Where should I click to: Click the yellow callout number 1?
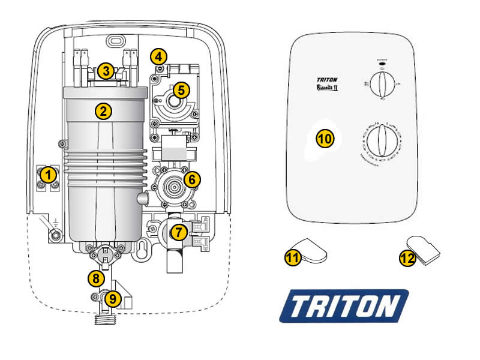48,175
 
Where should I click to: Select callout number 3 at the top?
106,71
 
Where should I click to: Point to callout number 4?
158,57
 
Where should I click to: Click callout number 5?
181,90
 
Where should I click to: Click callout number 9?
113,297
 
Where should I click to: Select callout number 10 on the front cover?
325,138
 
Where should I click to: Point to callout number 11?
292,257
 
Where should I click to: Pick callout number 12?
407,259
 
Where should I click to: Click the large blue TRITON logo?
344,307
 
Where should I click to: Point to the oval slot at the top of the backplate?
113,42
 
